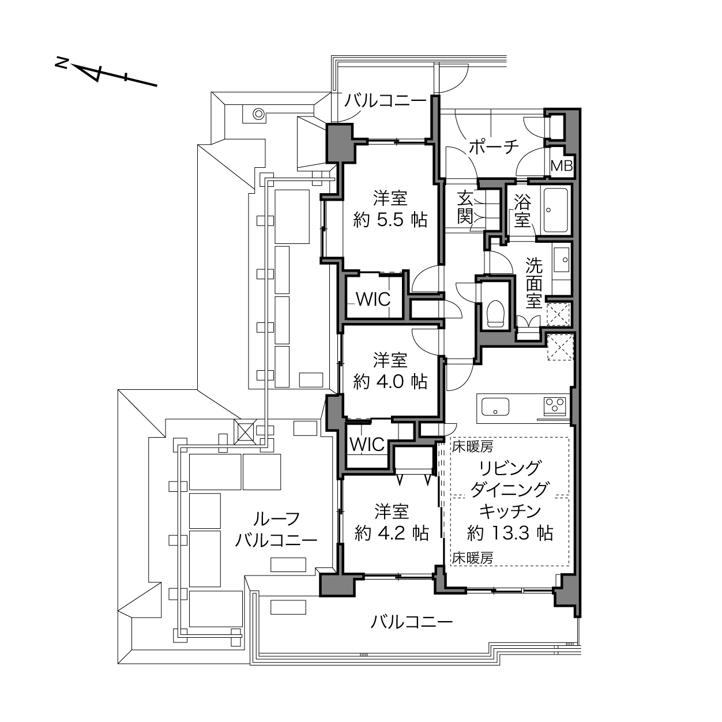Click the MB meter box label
562,166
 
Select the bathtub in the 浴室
556,210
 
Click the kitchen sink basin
495,407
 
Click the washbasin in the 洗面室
561,260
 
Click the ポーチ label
494,146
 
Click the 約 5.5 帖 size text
390,220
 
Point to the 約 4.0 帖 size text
390,381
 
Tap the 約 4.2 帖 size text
392,533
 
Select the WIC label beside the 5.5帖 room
373,299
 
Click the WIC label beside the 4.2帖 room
367,445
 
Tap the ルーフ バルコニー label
276,529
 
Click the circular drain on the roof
259,113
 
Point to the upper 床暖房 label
472,446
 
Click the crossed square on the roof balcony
244,431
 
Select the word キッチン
510,511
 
